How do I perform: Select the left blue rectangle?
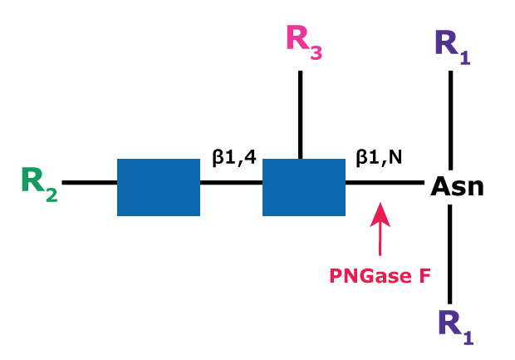coord(159,187)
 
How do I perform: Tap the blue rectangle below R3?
coord(304,187)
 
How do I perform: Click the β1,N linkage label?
coord(379,156)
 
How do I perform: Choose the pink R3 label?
coord(303,42)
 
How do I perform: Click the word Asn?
coord(457,186)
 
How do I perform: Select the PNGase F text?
coord(380,275)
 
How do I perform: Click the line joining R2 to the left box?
coord(90,182)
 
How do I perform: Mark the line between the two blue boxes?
coord(231,182)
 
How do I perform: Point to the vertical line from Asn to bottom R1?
coord(450,254)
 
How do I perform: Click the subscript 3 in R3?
coord(316,53)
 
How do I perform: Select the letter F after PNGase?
coord(424,275)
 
